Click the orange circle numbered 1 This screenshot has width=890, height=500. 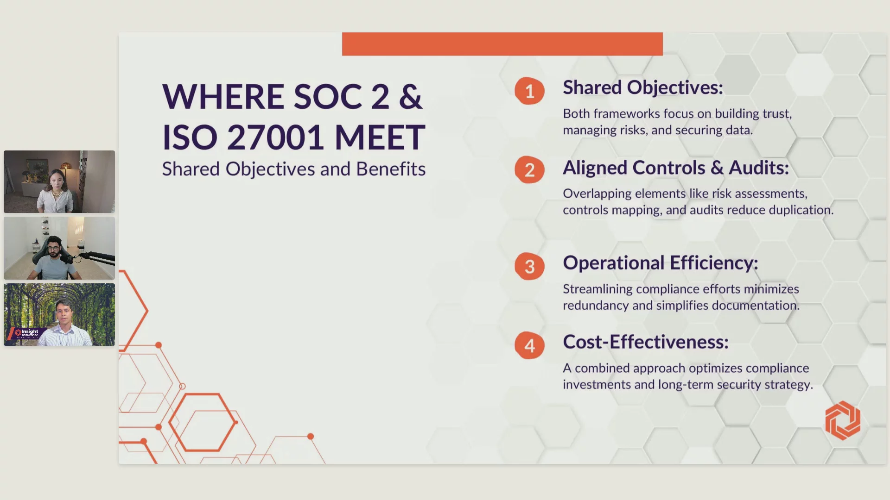coord(529,91)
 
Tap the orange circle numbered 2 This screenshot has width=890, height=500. coord(529,169)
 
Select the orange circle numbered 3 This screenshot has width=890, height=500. coord(529,266)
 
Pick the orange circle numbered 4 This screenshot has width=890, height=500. coord(529,345)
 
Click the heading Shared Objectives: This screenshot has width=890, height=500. coord(643,87)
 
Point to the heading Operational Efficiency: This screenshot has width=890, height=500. coord(661,263)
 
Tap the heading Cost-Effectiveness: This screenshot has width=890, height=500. coord(646,342)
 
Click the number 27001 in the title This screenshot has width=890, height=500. coord(275,137)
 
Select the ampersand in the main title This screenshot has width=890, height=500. coord(411,97)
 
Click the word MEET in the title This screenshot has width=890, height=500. coord(380,137)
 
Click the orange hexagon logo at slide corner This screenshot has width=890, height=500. coord(843,420)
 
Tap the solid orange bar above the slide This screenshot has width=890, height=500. coord(502,44)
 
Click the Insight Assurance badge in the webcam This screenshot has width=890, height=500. coord(27,332)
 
